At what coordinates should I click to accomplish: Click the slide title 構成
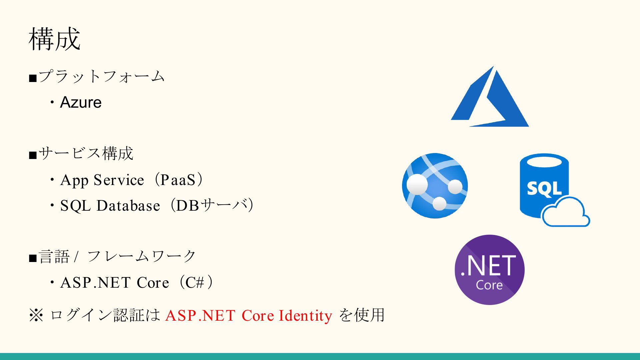[x=55, y=39]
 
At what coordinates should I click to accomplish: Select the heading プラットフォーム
[x=102, y=76]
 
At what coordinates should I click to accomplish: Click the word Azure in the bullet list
[x=81, y=102]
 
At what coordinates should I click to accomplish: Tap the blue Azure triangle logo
[x=490, y=96]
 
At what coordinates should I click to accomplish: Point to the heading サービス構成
[x=86, y=154]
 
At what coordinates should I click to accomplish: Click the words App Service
[x=102, y=180]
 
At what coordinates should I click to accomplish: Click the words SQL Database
[x=110, y=206]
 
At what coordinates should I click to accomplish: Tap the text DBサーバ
[x=212, y=205]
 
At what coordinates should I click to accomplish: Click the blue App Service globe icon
[x=435, y=186]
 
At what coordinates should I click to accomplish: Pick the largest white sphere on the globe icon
[x=417, y=184]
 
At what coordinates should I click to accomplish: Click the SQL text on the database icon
[x=544, y=189]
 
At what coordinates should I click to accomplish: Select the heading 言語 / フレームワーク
[x=117, y=257]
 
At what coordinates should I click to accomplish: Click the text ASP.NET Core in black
[x=115, y=283]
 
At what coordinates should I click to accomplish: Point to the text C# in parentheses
[x=195, y=283]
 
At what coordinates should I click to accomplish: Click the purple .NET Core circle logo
[x=490, y=270]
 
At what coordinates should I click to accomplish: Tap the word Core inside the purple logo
[x=489, y=285]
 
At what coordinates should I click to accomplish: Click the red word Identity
[x=305, y=316]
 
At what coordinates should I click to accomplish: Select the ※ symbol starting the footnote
[x=36, y=315]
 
